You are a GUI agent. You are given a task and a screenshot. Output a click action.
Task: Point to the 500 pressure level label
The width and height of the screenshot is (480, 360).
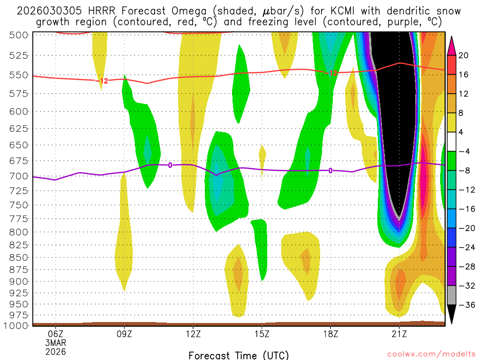tap(19, 35)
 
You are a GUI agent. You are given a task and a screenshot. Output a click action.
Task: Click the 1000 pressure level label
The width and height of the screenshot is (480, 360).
tap(17, 325)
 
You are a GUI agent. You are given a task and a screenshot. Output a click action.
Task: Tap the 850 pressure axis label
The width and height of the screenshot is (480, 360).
tap(19, 257)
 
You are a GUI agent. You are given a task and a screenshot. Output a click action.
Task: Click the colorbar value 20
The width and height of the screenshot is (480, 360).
tap(464, 55)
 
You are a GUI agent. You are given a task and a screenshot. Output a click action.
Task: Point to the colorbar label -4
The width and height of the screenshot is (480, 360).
tap(464, 151)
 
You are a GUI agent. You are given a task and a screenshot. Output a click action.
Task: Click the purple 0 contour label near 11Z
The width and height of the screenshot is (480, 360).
tap(170, 165)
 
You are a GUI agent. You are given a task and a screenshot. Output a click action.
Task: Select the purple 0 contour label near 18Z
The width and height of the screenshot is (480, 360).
tap(330, 171)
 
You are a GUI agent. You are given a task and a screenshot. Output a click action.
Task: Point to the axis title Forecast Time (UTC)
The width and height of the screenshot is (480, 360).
tap(239, 355)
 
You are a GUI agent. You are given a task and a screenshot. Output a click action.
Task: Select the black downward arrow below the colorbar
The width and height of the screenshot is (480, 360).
tap(451, 314)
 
